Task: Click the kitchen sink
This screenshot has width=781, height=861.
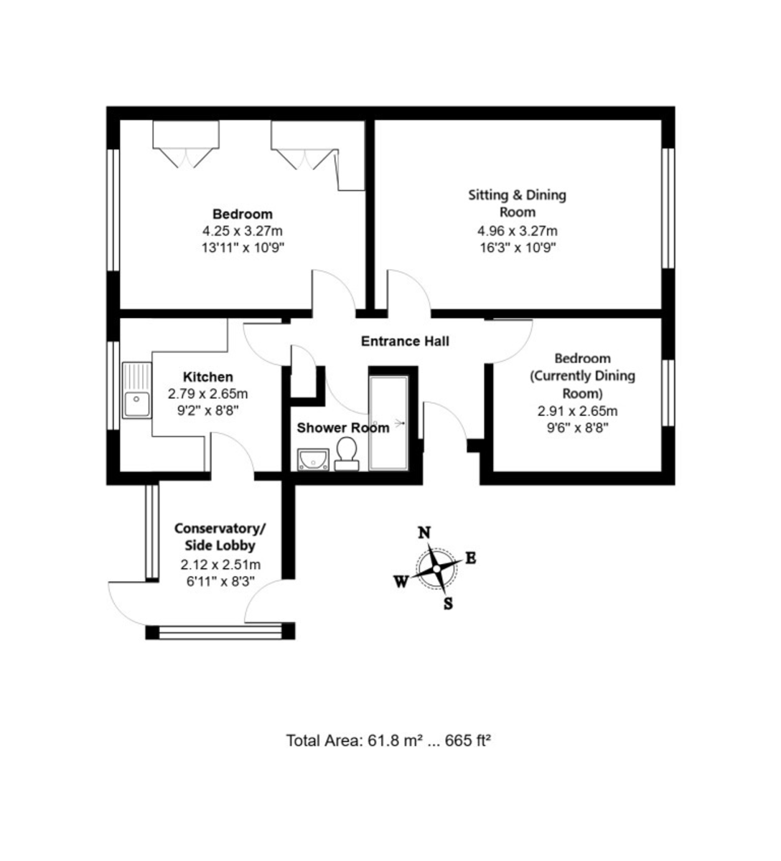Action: tap(137, 390)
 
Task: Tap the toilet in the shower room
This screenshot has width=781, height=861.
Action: tap(347, 453)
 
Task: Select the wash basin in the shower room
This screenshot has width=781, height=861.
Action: tap(313, 460)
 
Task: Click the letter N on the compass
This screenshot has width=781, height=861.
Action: tap(424, 532)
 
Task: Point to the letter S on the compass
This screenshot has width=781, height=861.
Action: tap(448, 604)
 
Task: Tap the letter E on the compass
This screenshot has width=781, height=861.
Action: tap(471, 558)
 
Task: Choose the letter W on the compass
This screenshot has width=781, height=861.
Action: tap(401, 582)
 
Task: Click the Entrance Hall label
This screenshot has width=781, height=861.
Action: tap(405, 342)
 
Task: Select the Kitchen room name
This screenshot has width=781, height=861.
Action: tap(208, 377)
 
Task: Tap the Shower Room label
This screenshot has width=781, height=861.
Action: tap(343, 428)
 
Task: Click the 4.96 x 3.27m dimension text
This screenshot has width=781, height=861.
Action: tap(518, 231)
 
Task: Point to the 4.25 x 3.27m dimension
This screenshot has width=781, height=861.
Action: tap(243, 231)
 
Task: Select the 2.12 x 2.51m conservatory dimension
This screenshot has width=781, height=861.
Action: tap(220, 565)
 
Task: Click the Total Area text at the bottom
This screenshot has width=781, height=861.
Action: tap(388, 741)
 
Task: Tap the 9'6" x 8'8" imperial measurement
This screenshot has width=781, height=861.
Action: tap(577, 428)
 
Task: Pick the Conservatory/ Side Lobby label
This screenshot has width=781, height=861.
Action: tap(220, 537)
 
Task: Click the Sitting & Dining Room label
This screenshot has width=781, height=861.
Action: tap(518, 204)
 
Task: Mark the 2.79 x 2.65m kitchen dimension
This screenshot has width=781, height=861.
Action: tap(208, 394)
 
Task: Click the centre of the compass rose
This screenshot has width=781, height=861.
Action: tap(436, 569)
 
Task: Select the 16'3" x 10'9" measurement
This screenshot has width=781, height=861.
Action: tap(518, 248)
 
